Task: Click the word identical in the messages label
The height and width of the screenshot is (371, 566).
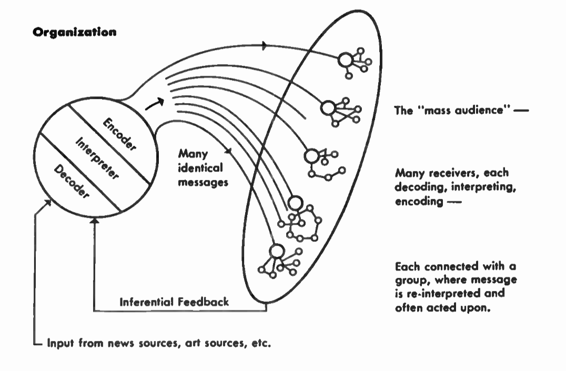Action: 198,168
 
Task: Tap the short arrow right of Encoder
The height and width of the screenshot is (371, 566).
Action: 154,105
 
